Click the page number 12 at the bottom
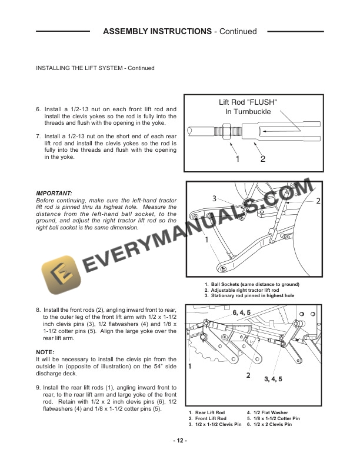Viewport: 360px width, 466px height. click(x=180, y=442)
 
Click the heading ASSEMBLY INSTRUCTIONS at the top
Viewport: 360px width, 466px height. click(x=157, y=31)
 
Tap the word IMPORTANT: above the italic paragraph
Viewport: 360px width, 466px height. click(x=54, y=193)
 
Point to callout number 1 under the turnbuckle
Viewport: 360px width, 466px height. click(x=237, y=158)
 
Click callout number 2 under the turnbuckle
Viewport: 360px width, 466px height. click(x=262, y=158)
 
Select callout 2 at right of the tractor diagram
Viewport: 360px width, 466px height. click(x=318, y=201)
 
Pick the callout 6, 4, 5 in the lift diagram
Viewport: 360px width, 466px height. click(x=241, y=312)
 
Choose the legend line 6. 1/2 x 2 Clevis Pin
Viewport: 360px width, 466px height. click(x=274, y=424)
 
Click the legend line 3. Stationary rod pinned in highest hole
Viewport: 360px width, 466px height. click(x=249, y=295)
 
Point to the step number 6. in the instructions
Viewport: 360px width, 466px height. click(x=39, y=109)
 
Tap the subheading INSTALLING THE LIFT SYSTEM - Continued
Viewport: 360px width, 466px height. click(x=95, y=68)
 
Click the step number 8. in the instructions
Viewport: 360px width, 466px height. click(x=39, y=309)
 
